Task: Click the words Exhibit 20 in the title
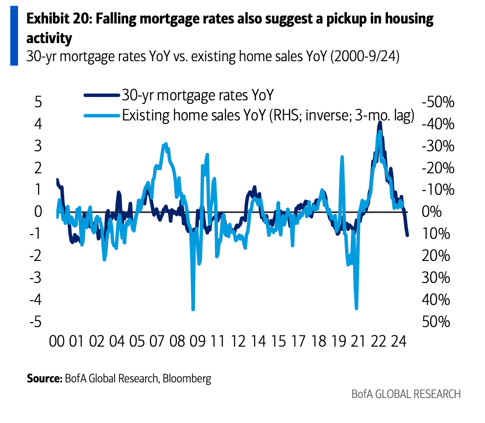pyautogui.click(x=57, y=19)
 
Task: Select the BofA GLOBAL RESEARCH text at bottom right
pyautogui.click(x=406, y=394)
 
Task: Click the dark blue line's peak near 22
pyautogui.click(x=380, y=123)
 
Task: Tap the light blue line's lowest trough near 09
pyautogui.click(x=193, y=309)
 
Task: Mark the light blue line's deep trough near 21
pyautogui.click(x=356, y=308)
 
